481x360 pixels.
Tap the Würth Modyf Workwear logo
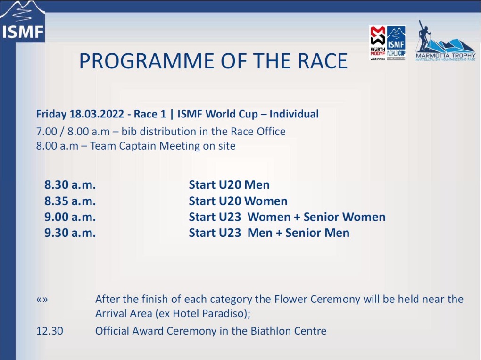coord(378,43)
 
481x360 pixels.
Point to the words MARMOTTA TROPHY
coord(446,55)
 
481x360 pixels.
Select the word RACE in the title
coord(323,61)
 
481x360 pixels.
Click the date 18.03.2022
coord(97,114)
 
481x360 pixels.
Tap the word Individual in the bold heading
coord(294,114)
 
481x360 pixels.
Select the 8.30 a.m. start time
coord(70,185)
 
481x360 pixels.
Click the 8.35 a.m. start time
coord(70,201)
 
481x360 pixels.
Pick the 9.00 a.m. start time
coord(70,217)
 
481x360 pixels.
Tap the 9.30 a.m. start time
coord(70,233)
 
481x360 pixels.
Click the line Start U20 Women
coord(238,201)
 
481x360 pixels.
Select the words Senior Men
coord(317,233)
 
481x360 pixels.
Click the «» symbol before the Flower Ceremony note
coord(42,299)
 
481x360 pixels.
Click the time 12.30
coord(50,331)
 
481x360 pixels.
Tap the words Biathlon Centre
coord(288,331)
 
